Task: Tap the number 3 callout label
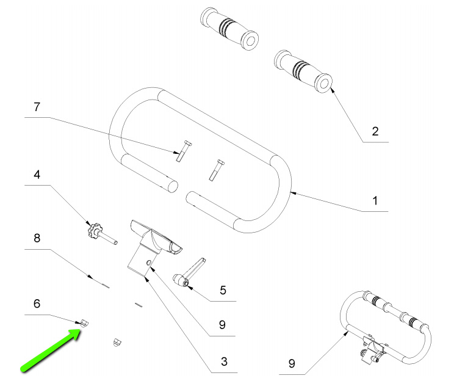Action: pos(224,361)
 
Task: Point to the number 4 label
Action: pos(37,175)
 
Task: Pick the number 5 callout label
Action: pos(223,291)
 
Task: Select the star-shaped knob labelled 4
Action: pos(95,231)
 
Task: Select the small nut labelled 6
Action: pos(84,322)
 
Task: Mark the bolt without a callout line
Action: pos(216,169)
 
